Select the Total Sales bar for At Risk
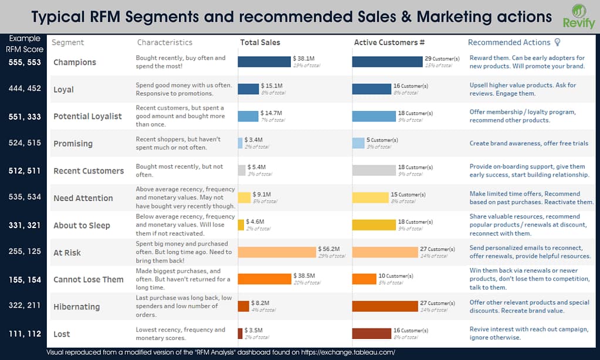point(276,252)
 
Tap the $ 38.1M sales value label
point(304,59)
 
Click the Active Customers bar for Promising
point(358,143)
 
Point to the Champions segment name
point(74,62)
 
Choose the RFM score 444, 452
point(25,89)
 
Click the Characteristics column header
point(164,42)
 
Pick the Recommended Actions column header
point(509,42)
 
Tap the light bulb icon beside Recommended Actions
point(557,42)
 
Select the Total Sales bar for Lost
point(240,333)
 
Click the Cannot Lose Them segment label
point(88,280)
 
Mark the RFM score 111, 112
point(25,334)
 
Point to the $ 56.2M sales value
point(328,249)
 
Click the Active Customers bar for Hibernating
point(385,306)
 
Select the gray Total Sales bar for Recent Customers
point(242,170)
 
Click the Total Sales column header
point(260,42)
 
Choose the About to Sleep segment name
point(82,225)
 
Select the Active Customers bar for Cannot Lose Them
point(364,279)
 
